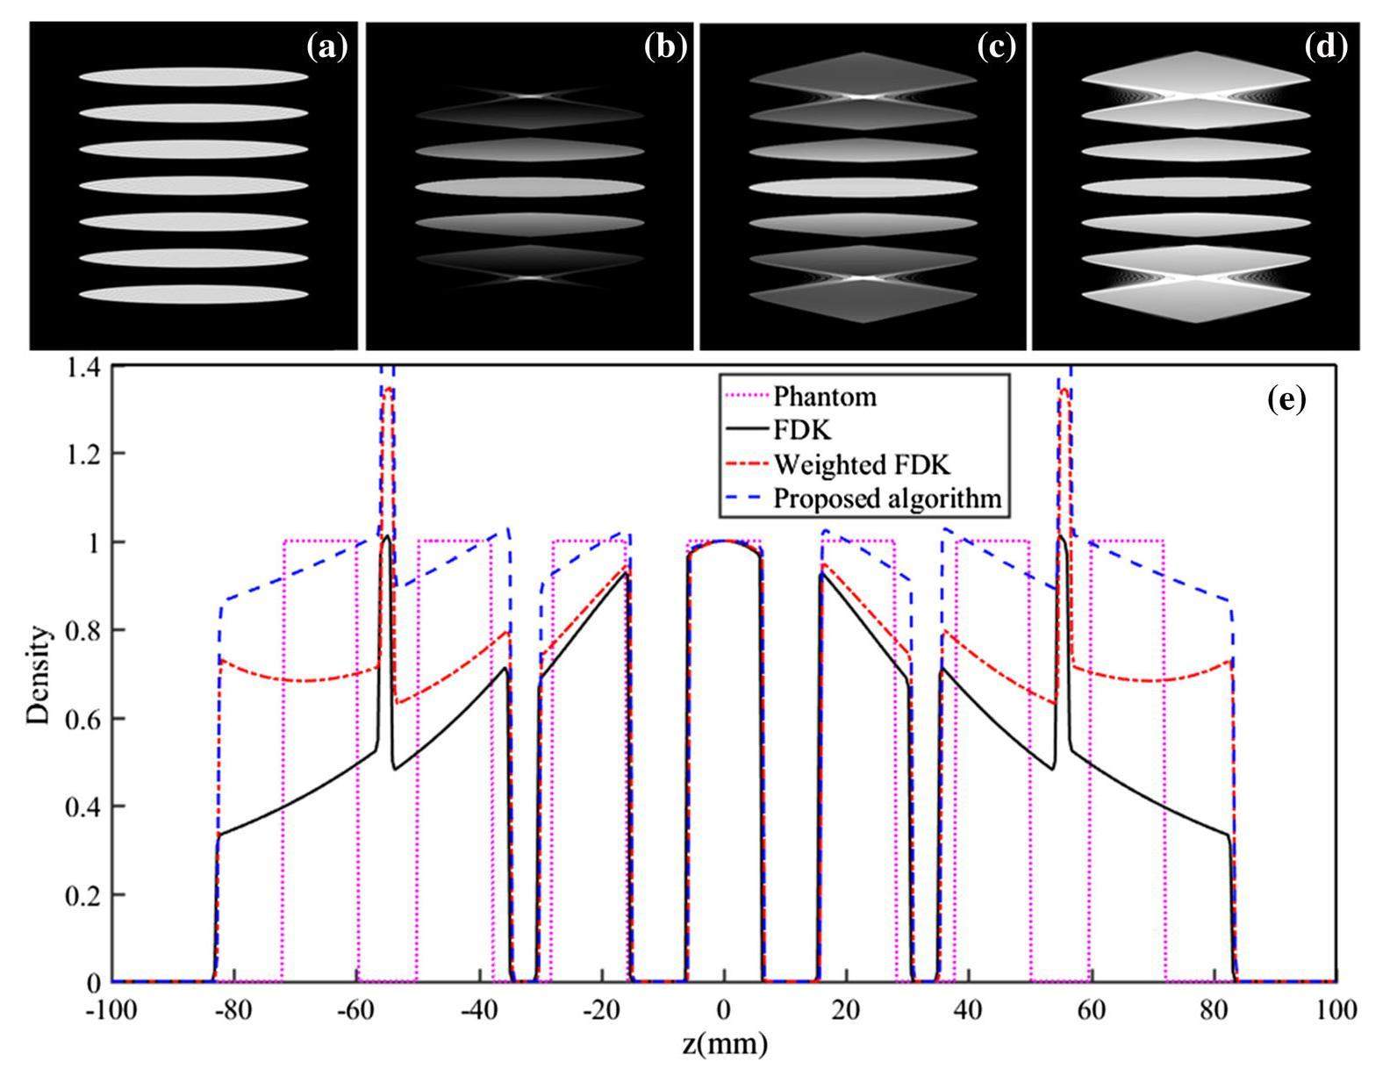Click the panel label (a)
coord(327,47)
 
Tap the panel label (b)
coord(664,47)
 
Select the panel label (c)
coord(996,47)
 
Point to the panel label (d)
coord(1326,47)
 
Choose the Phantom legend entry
coord(825,397)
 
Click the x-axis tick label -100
coord(111,1009)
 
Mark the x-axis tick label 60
coord(1091,1009)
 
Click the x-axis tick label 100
coord(1336,1009)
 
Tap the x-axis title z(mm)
coord(724,1044)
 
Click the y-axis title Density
coord(39,674)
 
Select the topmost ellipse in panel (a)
coord(193,77)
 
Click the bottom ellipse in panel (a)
coord(193,294)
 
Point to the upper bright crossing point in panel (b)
coord(529,95)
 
